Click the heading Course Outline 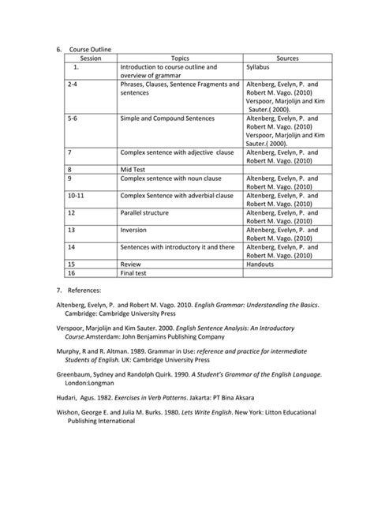(90, 49)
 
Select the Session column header (91, 58)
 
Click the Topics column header (180, 58)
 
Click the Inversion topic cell (134, 230)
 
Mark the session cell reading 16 (72, 272)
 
